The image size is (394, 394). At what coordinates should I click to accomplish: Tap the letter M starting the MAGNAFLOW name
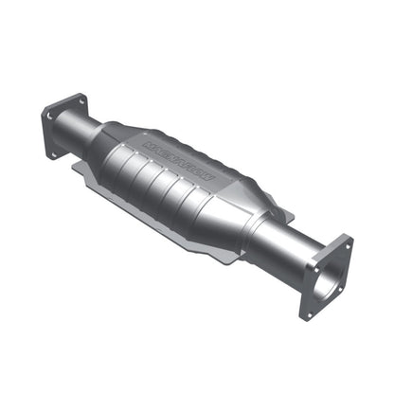coord(151,143)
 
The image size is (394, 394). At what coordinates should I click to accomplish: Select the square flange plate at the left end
coord(63,126)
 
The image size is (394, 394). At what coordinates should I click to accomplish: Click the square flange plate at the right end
coord(325,277)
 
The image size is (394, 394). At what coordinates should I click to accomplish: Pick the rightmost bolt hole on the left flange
coord(82,100)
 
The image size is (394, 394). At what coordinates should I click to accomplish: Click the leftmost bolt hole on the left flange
coord(45,116)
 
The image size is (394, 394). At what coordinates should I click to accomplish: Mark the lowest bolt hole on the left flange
coord(54,152)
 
